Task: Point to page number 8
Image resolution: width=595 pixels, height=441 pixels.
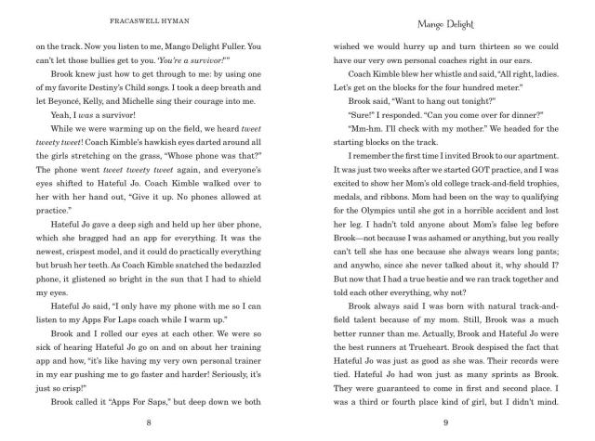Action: pyautogui.click(x=149, y=422)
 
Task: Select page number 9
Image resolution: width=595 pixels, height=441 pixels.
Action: pyautogui.click(x=445, y=422)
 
